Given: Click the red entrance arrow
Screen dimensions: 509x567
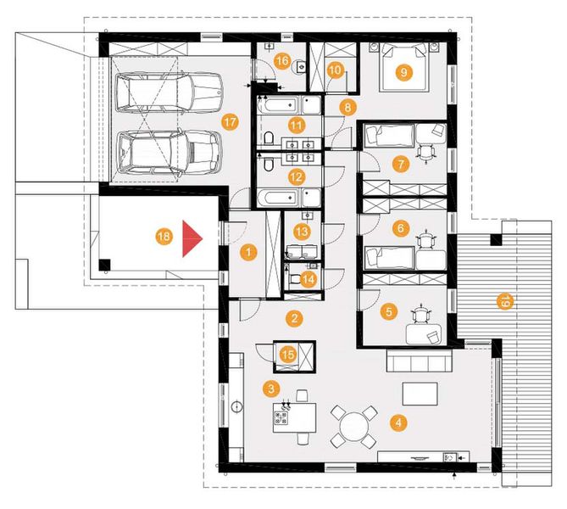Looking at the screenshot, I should [192, 240].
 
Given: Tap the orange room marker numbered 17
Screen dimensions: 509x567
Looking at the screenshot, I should [229, 121].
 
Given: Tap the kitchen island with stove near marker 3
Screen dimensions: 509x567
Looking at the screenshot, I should [294, 418].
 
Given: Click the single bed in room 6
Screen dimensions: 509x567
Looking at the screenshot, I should [388, 255].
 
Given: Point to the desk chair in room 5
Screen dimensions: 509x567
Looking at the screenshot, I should [421, 316].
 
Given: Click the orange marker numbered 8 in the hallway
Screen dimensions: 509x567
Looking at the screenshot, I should [345, 107].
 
